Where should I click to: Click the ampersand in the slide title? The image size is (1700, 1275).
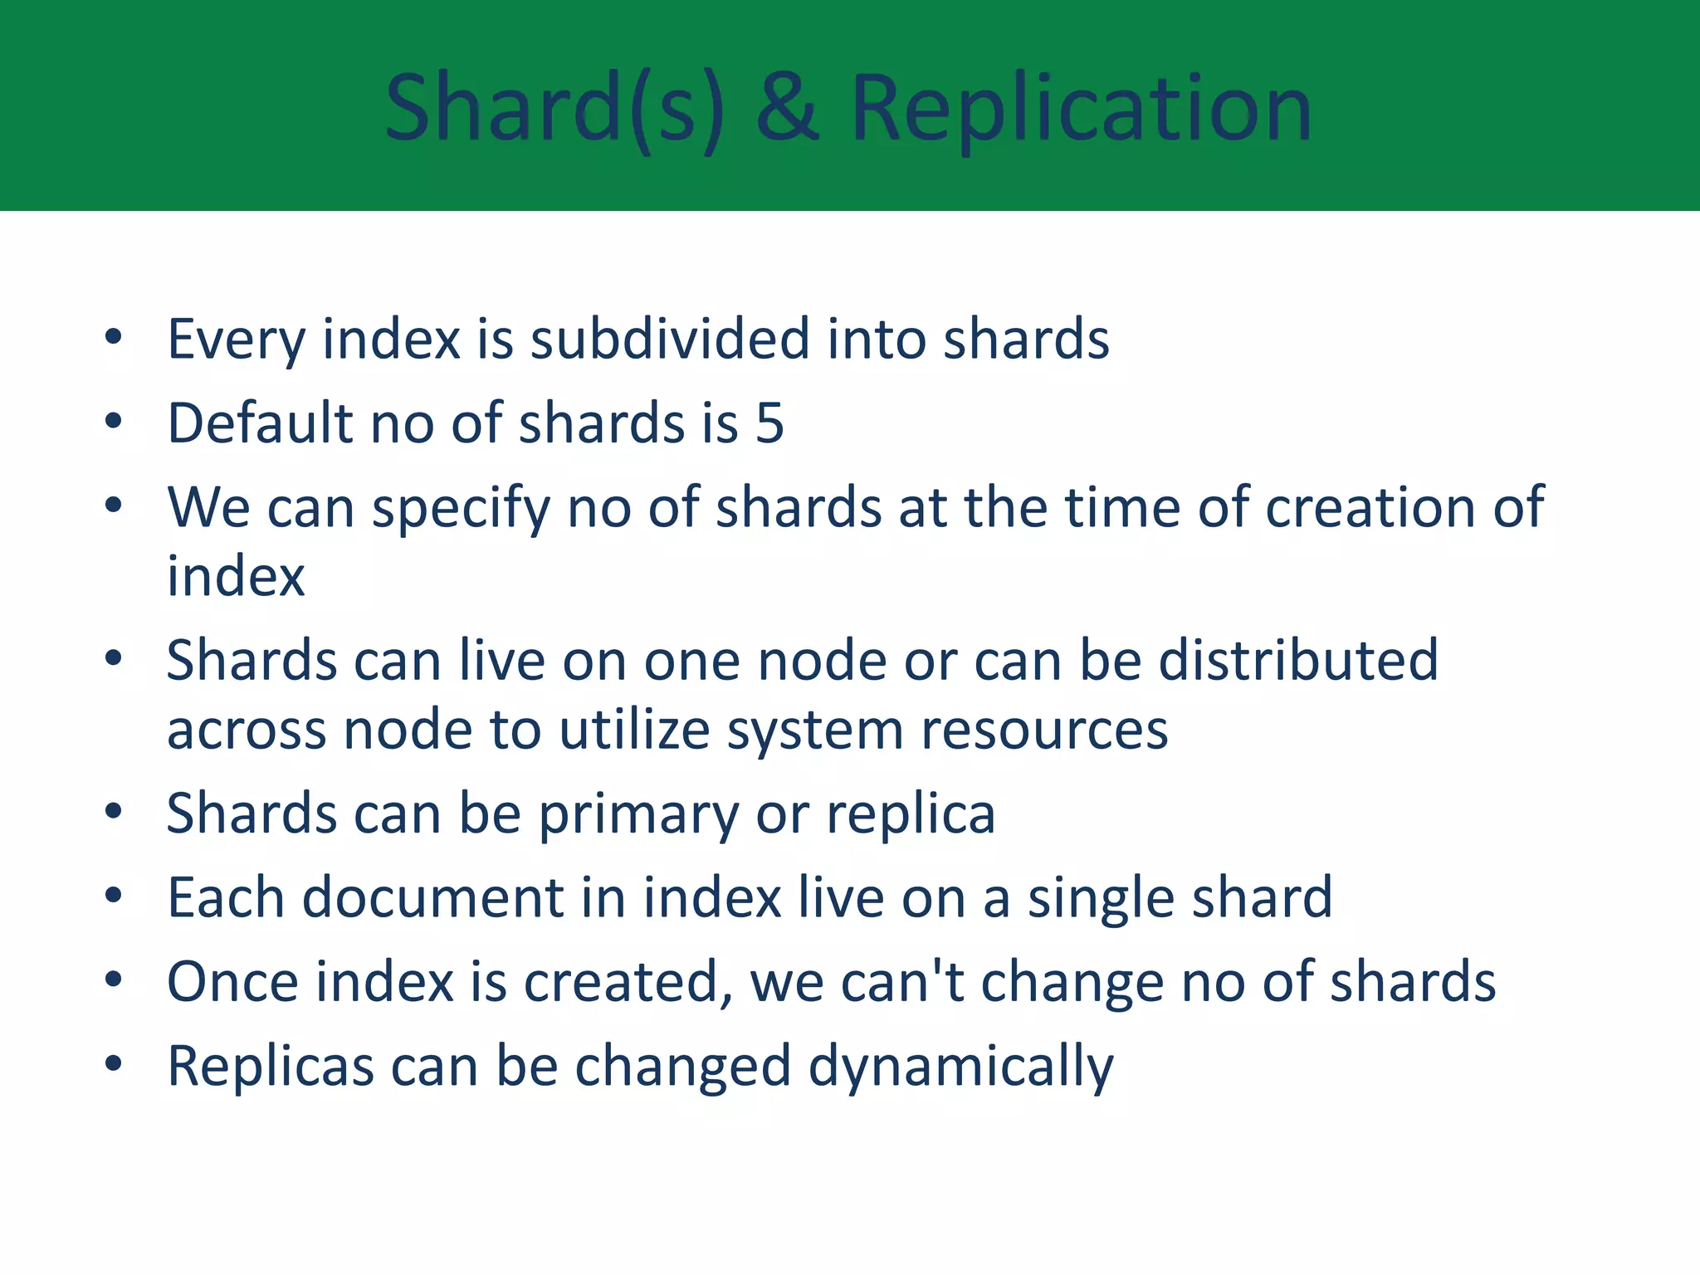pos(787,109)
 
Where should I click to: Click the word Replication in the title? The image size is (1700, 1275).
pos(1081,109)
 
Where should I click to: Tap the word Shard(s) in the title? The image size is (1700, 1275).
pos(554,109)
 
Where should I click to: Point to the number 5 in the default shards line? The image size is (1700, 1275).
pos(769,423)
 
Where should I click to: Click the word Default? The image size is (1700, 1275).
pos(260,423)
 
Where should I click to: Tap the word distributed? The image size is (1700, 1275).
pos(1298,661)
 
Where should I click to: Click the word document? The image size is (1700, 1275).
pos(432,898)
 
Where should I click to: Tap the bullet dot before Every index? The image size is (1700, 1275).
pos(114,337)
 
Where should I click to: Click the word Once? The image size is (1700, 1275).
pos(232,981)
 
